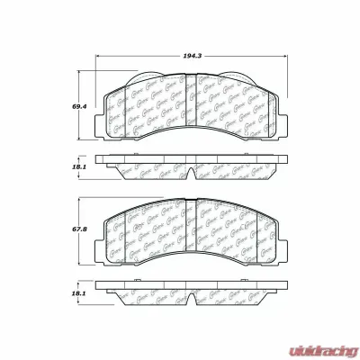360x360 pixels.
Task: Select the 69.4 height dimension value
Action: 78,105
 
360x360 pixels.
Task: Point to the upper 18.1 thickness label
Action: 78,166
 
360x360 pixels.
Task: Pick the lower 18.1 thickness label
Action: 78,293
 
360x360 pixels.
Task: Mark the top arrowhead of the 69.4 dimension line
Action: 87,70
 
